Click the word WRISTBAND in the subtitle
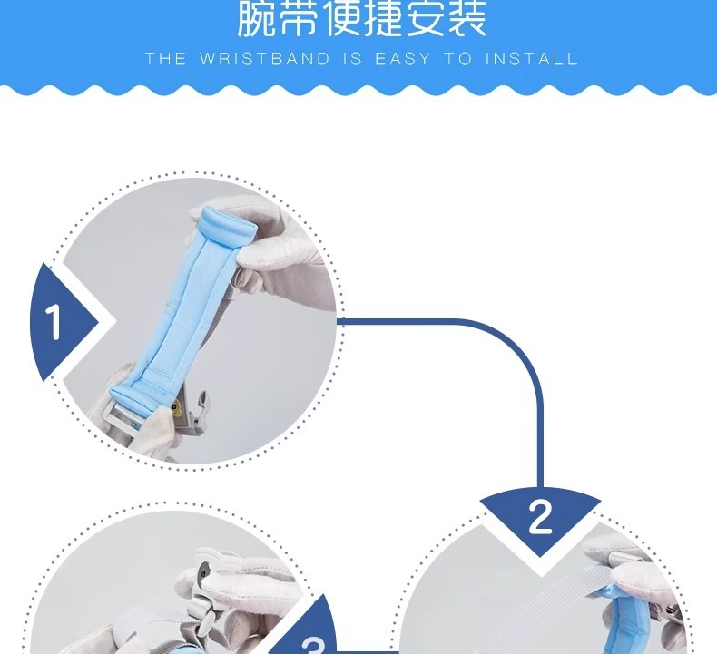click(x=265, y=59)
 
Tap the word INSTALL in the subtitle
click(x=532, y=59)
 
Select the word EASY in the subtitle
click(x=403, y=59)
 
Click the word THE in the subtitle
click(x=165, y=59)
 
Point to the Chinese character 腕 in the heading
click(x=256, y=18)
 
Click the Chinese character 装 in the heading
click(x=466, y=18)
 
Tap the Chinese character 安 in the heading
click(x=425, y=18)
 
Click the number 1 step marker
click(x=54, y=323)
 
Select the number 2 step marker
click(x=540, y=516)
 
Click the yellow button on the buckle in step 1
click(x=176, y=406)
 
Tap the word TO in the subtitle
click(x=457, y=59)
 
